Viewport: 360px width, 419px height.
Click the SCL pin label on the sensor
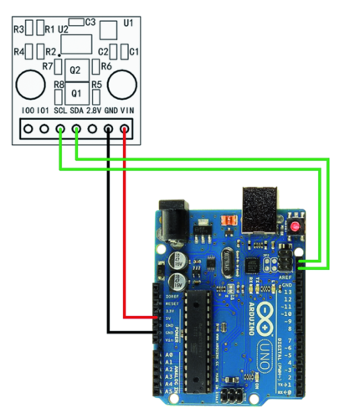[59, 110]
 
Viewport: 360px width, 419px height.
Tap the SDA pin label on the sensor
[76, 110]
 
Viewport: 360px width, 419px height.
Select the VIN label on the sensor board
[127, 110]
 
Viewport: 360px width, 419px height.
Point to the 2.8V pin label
[94, 110]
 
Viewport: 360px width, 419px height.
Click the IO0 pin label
[25, 110]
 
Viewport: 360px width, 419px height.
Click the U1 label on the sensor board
[128, 23]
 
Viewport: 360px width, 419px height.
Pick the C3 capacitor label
[90, 22]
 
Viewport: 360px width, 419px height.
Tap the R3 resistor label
[18, 29]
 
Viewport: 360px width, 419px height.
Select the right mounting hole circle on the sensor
[121, 82]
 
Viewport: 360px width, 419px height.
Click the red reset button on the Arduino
[296, 227]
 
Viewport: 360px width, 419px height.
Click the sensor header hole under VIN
[125, 129]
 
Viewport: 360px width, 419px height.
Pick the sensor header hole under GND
[109, 129]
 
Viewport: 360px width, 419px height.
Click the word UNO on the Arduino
[265, 352]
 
